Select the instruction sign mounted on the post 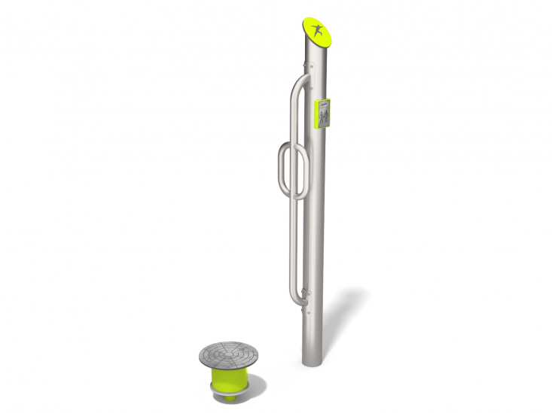pyautogui.click(x=323, y=116)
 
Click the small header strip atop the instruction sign pyautogui.click(x=324, y=103)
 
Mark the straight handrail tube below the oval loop pyautogui.click(x=291, y=241)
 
